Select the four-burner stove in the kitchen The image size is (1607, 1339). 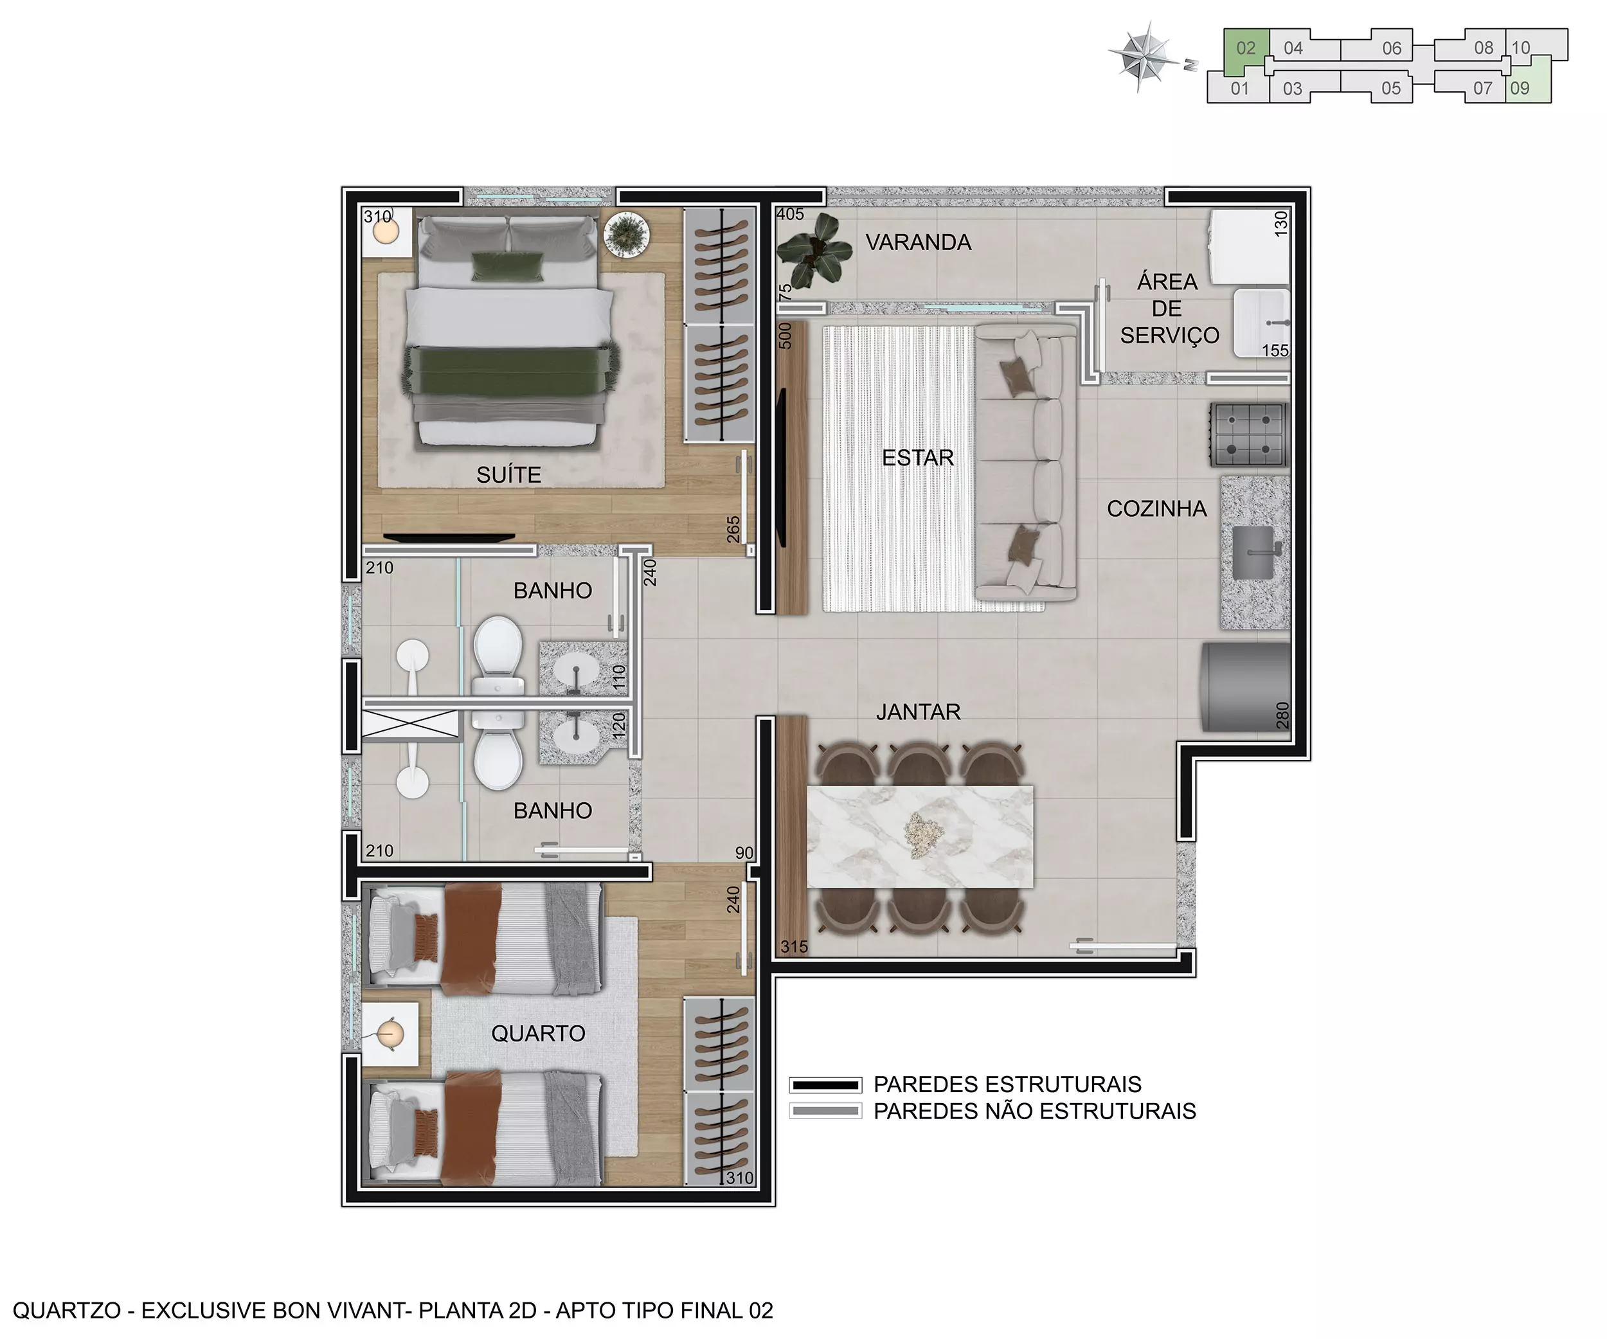(x=1249, y=435)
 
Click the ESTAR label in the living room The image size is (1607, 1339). (x=917, y=458)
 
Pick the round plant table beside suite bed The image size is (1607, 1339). (x=627, y=233)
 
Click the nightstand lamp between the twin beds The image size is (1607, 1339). (x=390, y=1034)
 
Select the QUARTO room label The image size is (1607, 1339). (x=538, y=1034)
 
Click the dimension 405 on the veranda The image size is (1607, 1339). (x=790, y=214)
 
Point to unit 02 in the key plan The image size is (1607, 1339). (x=1245, y=48)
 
